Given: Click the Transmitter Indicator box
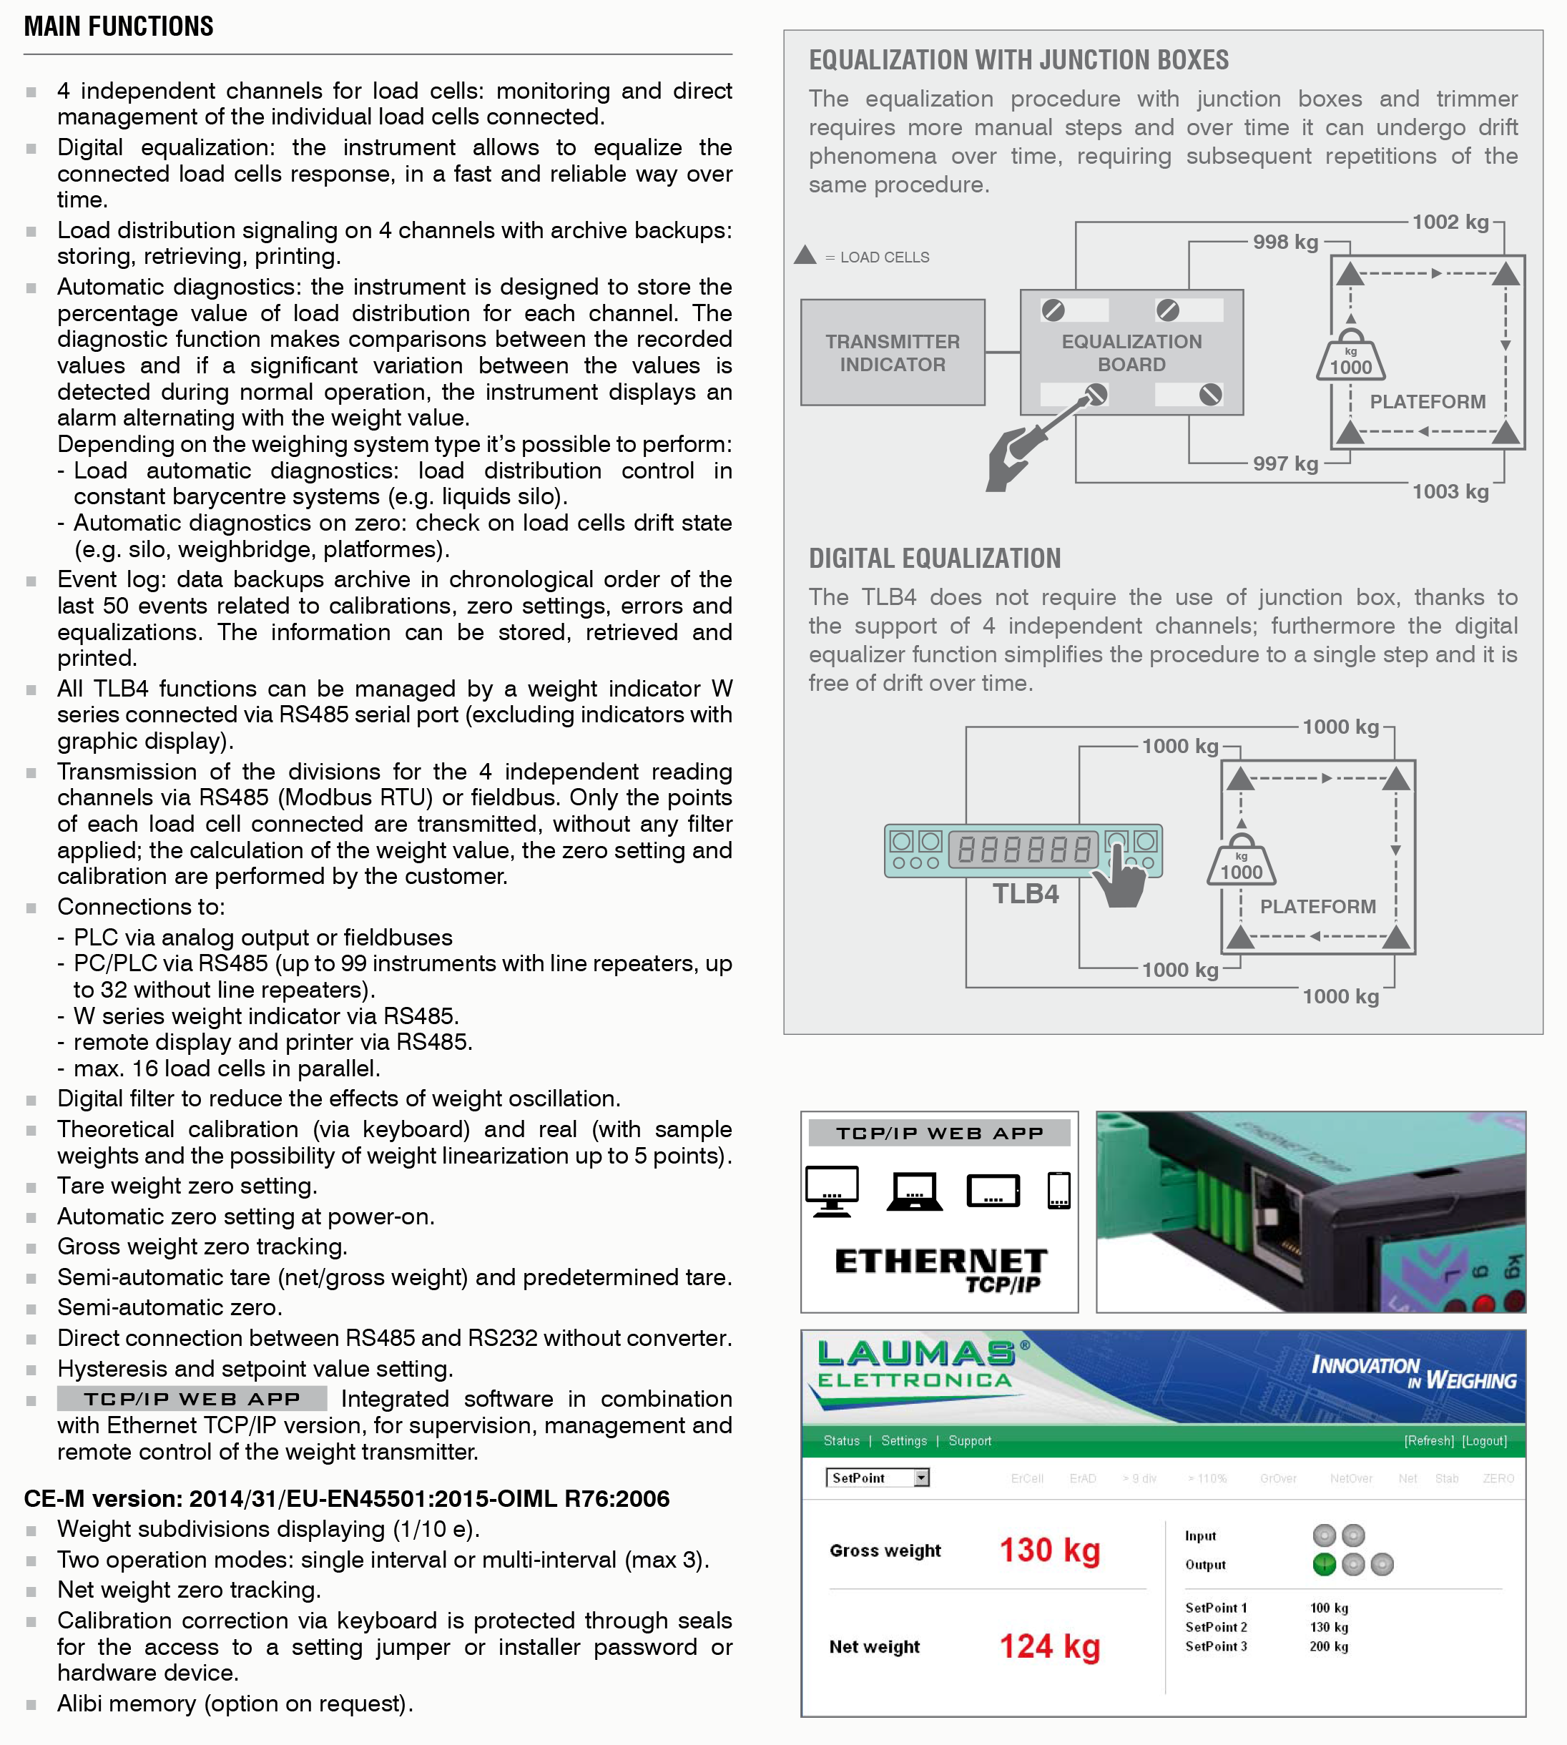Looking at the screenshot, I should click(x=892, y=353).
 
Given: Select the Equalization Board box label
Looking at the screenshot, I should click(x=1131, y=353).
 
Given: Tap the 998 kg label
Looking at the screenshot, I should click(x=1284, y=242).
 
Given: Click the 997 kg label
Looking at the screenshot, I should click(x=1284, y=464).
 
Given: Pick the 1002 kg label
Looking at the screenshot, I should click(x=1450, y=222).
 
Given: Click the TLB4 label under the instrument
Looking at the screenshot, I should click(x=1026, y=895).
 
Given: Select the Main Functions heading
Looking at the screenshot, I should click(x=119, y=26).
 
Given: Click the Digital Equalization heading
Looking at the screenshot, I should click(x=934, y=559).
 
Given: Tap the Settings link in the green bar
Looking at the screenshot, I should click(x=903, y=1441).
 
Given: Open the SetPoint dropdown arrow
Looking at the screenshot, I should click(x=921, y=1478).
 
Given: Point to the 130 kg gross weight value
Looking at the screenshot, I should click(x=1049, y=1550).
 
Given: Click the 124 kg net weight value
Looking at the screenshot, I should click(x=1049, y=1647).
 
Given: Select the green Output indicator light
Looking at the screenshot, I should click(x=1325, y=1564).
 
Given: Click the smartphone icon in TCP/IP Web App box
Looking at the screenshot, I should click(x=1058, y=1191).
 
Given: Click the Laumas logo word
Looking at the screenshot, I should click(x=916, y=1353).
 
